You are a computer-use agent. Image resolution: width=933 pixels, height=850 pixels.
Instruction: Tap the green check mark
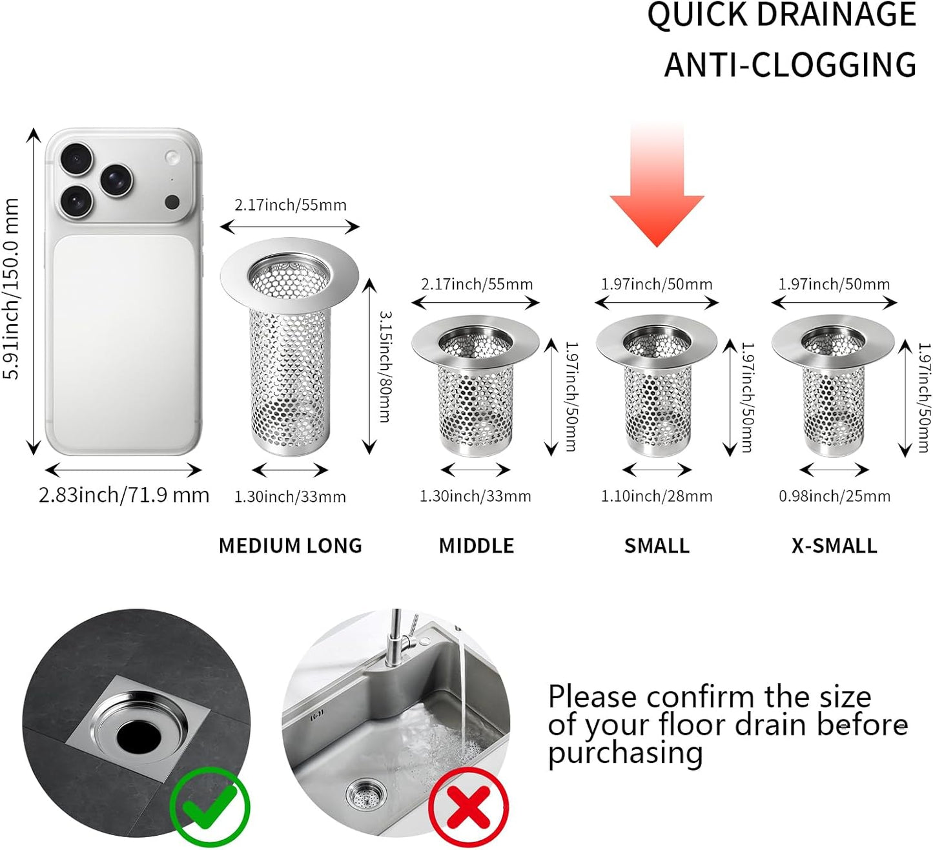click(x=210, y=806)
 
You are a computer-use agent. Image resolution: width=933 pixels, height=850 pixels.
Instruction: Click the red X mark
click(x=468, y=807)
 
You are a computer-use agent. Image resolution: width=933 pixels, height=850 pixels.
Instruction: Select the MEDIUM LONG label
click(x=290, y=546)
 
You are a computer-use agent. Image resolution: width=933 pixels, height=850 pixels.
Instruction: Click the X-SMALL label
click(x=834, y=546)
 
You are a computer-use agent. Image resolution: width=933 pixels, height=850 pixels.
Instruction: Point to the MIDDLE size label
click(x=477, y=546)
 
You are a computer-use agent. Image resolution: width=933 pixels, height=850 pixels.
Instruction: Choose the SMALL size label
click(x=657, y=546)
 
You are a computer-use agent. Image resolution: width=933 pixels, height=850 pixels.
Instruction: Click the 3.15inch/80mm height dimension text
click(x=385, y=366)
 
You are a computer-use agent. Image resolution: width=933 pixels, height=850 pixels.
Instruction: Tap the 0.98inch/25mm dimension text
click(x=834, y=497)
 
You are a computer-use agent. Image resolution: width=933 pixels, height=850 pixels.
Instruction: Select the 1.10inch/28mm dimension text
click(x=656, y=497)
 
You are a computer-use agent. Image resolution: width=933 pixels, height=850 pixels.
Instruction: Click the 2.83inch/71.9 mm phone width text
click(x=124, y=495)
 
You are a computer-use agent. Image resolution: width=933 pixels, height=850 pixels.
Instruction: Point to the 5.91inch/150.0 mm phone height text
click(x=11, y=289)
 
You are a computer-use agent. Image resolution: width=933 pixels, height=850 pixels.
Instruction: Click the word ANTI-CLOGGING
click(x=790, y=64)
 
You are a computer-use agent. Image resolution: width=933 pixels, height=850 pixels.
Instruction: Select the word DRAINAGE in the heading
click(x=837, y=14)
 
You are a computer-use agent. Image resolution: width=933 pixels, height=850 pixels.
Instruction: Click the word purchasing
click(x=625, y=754)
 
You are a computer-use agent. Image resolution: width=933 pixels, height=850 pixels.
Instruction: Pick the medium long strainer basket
click(x=289, y=347)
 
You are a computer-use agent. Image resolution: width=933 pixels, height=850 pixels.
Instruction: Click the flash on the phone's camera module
click(x=172, y=156)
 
